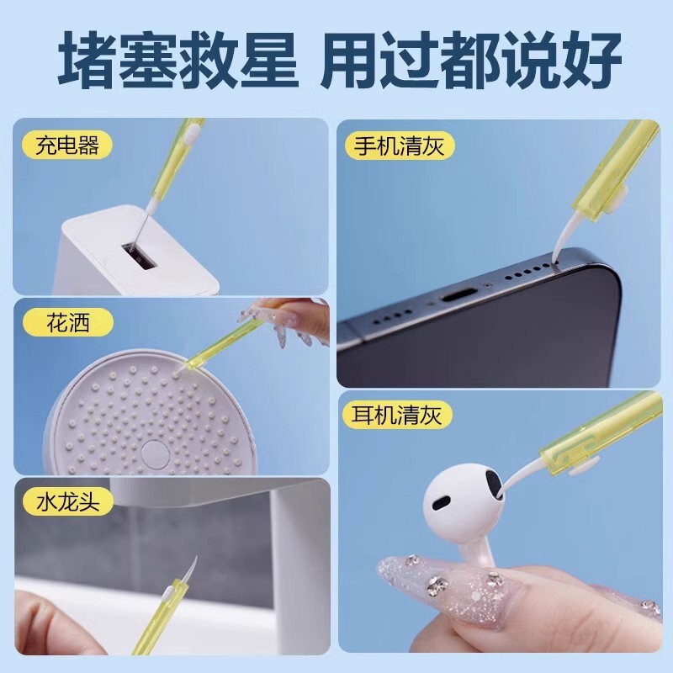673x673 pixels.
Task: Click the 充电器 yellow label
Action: click(x=67, y=146)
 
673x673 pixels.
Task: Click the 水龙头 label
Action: click(x=67, y=503)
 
